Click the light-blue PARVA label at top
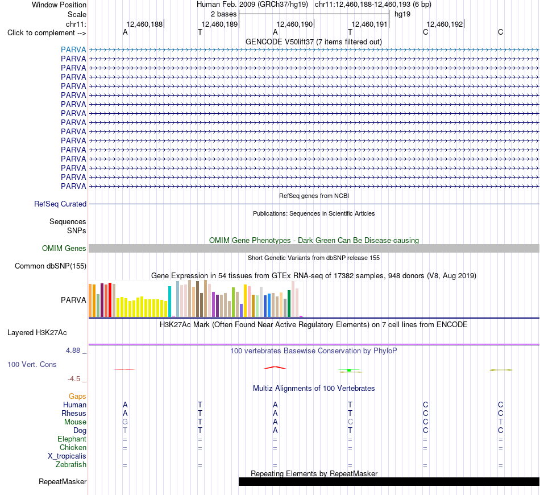click(73, 49)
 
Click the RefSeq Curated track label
click(60, 204)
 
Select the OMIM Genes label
click(64, 248)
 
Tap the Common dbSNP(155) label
click(51, 266)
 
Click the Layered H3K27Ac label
click(37, 333)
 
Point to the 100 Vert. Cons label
click(32, 364)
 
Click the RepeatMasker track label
click(63, 481)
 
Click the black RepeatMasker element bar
click(389, 481)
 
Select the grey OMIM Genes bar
click(314, 248)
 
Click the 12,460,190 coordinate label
click(295, 24)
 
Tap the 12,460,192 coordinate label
click(445, 24)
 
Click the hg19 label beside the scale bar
click(402, 14)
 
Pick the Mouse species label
click(75, 422)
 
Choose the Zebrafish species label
click(71, 465)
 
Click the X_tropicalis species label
click(67, 456)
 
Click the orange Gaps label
click(77, 397)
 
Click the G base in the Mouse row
click(125, 422)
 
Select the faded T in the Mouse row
click(500, 422)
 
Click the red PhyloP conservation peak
click(275, 368)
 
